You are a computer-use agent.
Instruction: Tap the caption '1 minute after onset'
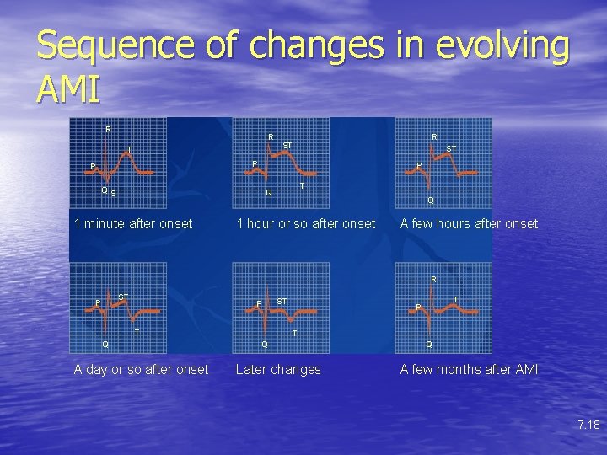pyautogui.click(x=133, y=223)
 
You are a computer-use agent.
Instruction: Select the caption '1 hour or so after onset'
pyautogui.click(x=306, y=223)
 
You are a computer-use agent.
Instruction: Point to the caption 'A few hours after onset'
pyautogui.click(x=469, y=223)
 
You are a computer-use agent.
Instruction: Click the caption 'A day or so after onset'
pyautogui.click(x=141, y=369)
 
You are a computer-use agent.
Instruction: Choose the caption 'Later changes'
pyautogui.click(x=278, y=369)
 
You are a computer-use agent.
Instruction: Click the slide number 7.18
pyautogui.click(x=588, y=425)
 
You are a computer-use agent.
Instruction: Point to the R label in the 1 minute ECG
pyautogui.click(x=108, y=129)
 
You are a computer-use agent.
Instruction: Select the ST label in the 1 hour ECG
pyautogui.click(x=287, y=146)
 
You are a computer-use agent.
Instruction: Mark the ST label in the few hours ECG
pyautogui.click(x=451, y=149)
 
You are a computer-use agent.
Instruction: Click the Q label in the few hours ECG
pyautogui.click(x=430, y=201)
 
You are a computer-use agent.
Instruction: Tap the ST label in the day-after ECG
pyautogui.click(x=123, y=297)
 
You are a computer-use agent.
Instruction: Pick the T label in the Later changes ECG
pyautogui.click(x=293, y=334)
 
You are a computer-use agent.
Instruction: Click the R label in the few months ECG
pyautogui.click(x=433, y=279)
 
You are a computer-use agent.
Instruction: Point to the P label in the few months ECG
pyautogui.click(x=417, y=308)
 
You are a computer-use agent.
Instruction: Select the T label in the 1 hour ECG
pyautogui.click(x=302, y=185)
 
